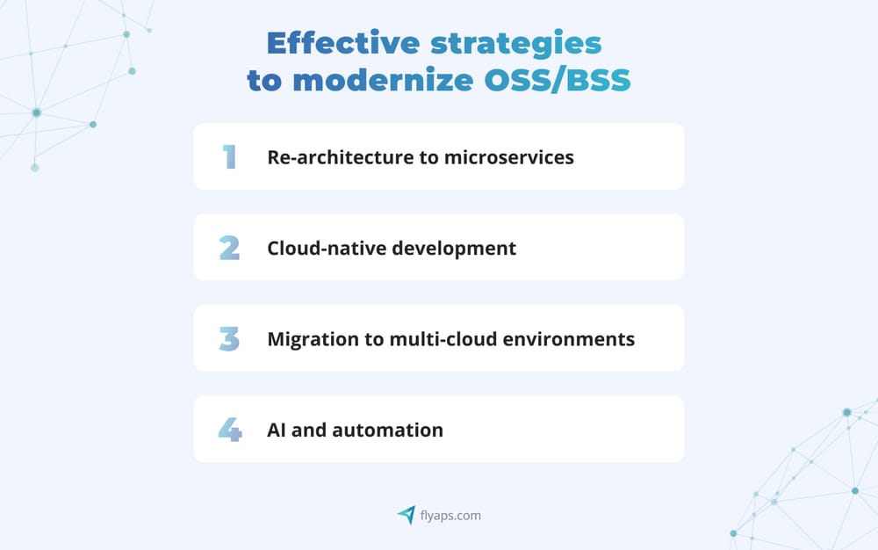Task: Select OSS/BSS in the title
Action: point(558,79)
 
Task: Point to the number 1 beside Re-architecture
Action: point(229,157)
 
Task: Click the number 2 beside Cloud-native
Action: point(229,248)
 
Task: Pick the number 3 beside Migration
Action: point(229,339)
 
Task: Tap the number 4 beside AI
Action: point(229,431)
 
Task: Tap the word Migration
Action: point(308,339)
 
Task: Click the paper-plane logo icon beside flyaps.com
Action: point(407,515)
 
